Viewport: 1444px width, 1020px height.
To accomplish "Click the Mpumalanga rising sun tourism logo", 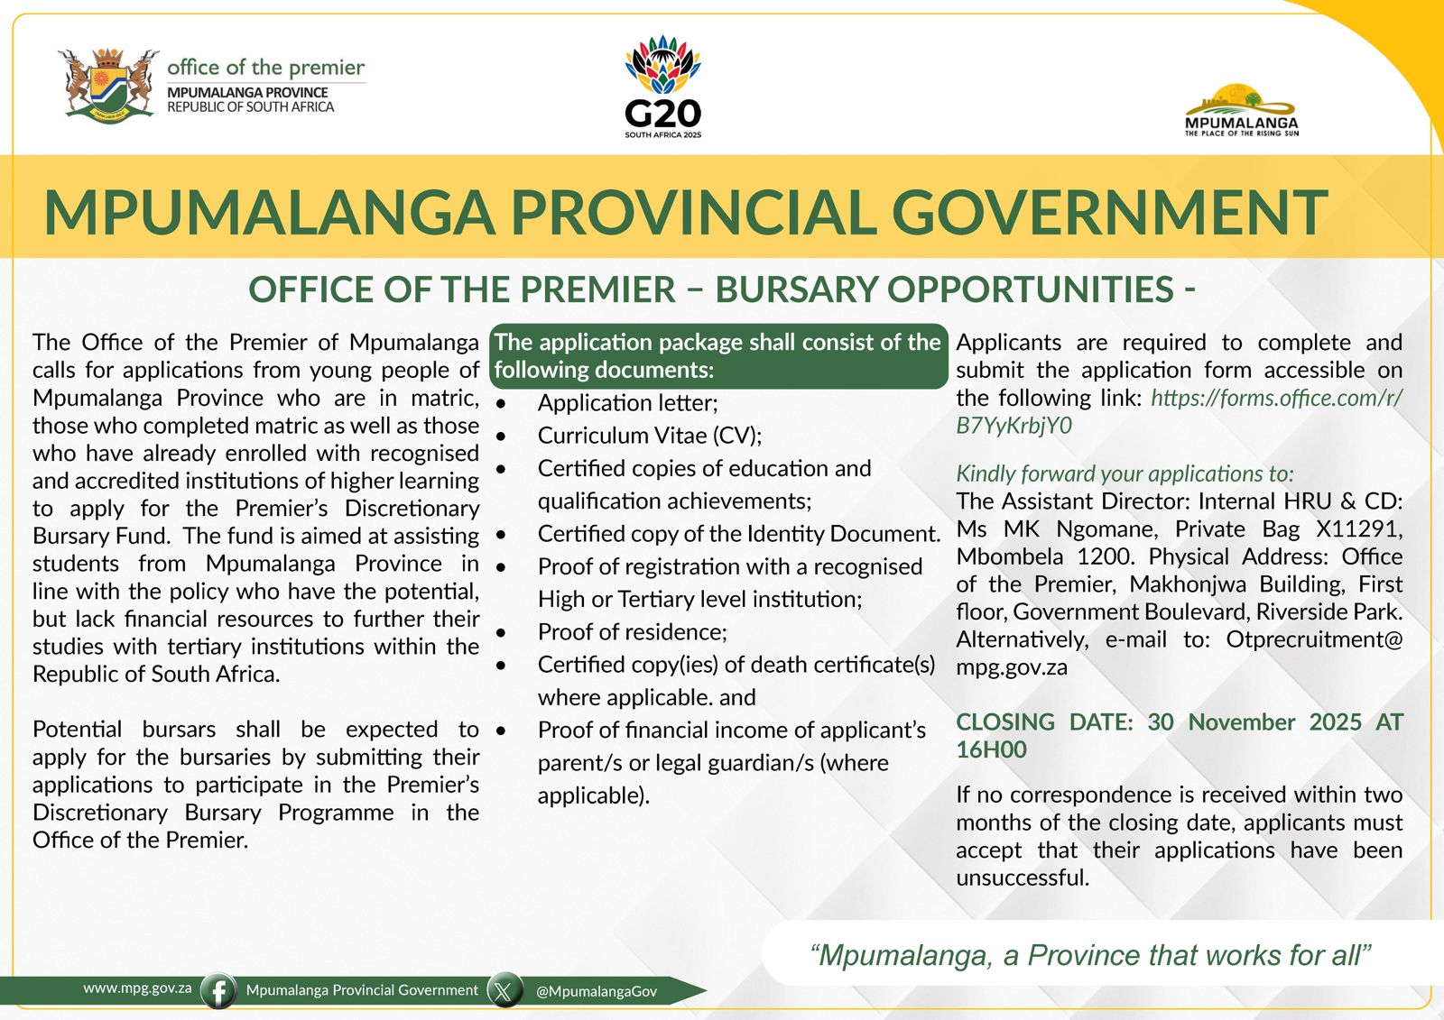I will pos(1241,110).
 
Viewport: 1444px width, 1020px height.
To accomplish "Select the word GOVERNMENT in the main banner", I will pos(1109,212).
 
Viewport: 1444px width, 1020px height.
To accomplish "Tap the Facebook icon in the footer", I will pos(218,990).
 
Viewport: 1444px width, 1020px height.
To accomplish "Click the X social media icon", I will pos(504,990).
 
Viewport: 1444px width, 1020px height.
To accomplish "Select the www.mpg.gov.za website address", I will pos(137,988).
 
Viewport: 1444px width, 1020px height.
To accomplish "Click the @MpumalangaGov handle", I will pos(596,991).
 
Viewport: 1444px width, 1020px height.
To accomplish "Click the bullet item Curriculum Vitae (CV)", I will pos(649,436).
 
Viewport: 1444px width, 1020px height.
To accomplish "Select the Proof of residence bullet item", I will pos(632,631).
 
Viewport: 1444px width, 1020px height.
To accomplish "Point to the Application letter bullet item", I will pos(627,403).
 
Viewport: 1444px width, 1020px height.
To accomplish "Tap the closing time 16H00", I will pos(991,749).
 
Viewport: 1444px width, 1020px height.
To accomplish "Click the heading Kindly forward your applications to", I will pos(1125,473).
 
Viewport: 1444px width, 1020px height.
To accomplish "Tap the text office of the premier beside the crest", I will pos(265,68).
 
